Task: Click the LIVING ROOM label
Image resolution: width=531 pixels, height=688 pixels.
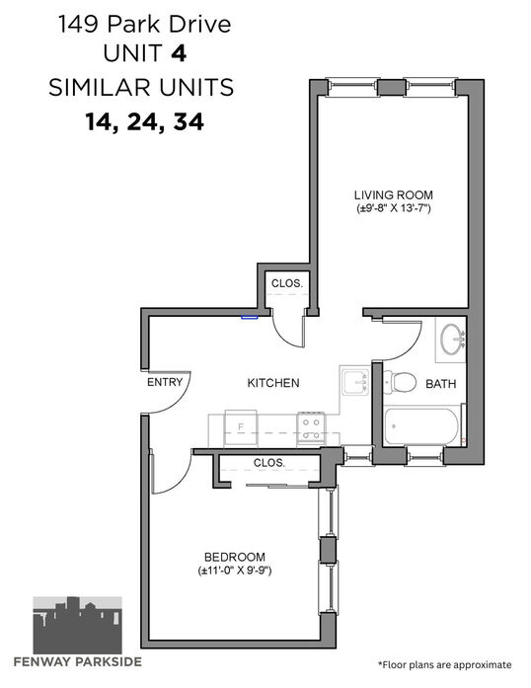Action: tap(394, 194)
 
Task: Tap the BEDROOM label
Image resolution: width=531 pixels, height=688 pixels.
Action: tap(235, 558)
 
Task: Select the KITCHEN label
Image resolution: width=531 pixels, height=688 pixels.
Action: tap(273, 383)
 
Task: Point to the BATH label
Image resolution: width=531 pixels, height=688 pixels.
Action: tap(440, 384)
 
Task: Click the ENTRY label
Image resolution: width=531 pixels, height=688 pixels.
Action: tap(165, 382)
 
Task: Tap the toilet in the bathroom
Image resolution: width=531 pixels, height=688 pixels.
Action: tap(400, 382)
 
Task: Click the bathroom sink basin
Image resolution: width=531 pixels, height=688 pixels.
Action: tap(453, 339)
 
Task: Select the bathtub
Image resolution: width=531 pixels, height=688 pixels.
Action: tap(422, 425)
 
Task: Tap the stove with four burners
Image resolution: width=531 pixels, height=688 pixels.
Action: tap(311, 428)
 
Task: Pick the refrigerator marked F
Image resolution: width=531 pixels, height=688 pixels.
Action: tap(241, 428)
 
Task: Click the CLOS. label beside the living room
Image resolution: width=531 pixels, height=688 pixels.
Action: tap(287, 283)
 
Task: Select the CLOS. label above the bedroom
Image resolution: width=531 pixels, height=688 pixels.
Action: tap(269, 463)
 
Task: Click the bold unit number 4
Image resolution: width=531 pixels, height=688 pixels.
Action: tap(179, 53)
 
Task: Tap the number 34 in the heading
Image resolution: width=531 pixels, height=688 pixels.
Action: tap(189, 121)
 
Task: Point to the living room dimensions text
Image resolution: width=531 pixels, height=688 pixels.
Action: tap(394, 208)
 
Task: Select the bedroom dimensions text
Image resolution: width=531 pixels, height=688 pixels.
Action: tap(235, 571)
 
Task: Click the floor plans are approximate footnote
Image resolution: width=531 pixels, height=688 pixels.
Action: tap(444, 664)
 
